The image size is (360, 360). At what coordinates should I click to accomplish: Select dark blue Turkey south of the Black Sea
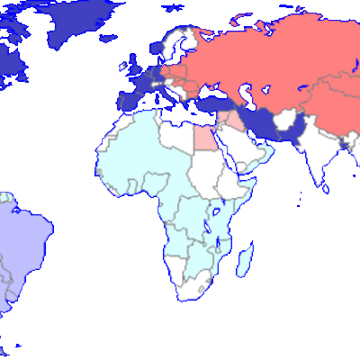pos(212,103)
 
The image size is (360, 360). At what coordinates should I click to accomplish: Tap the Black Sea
pos(211,90)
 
